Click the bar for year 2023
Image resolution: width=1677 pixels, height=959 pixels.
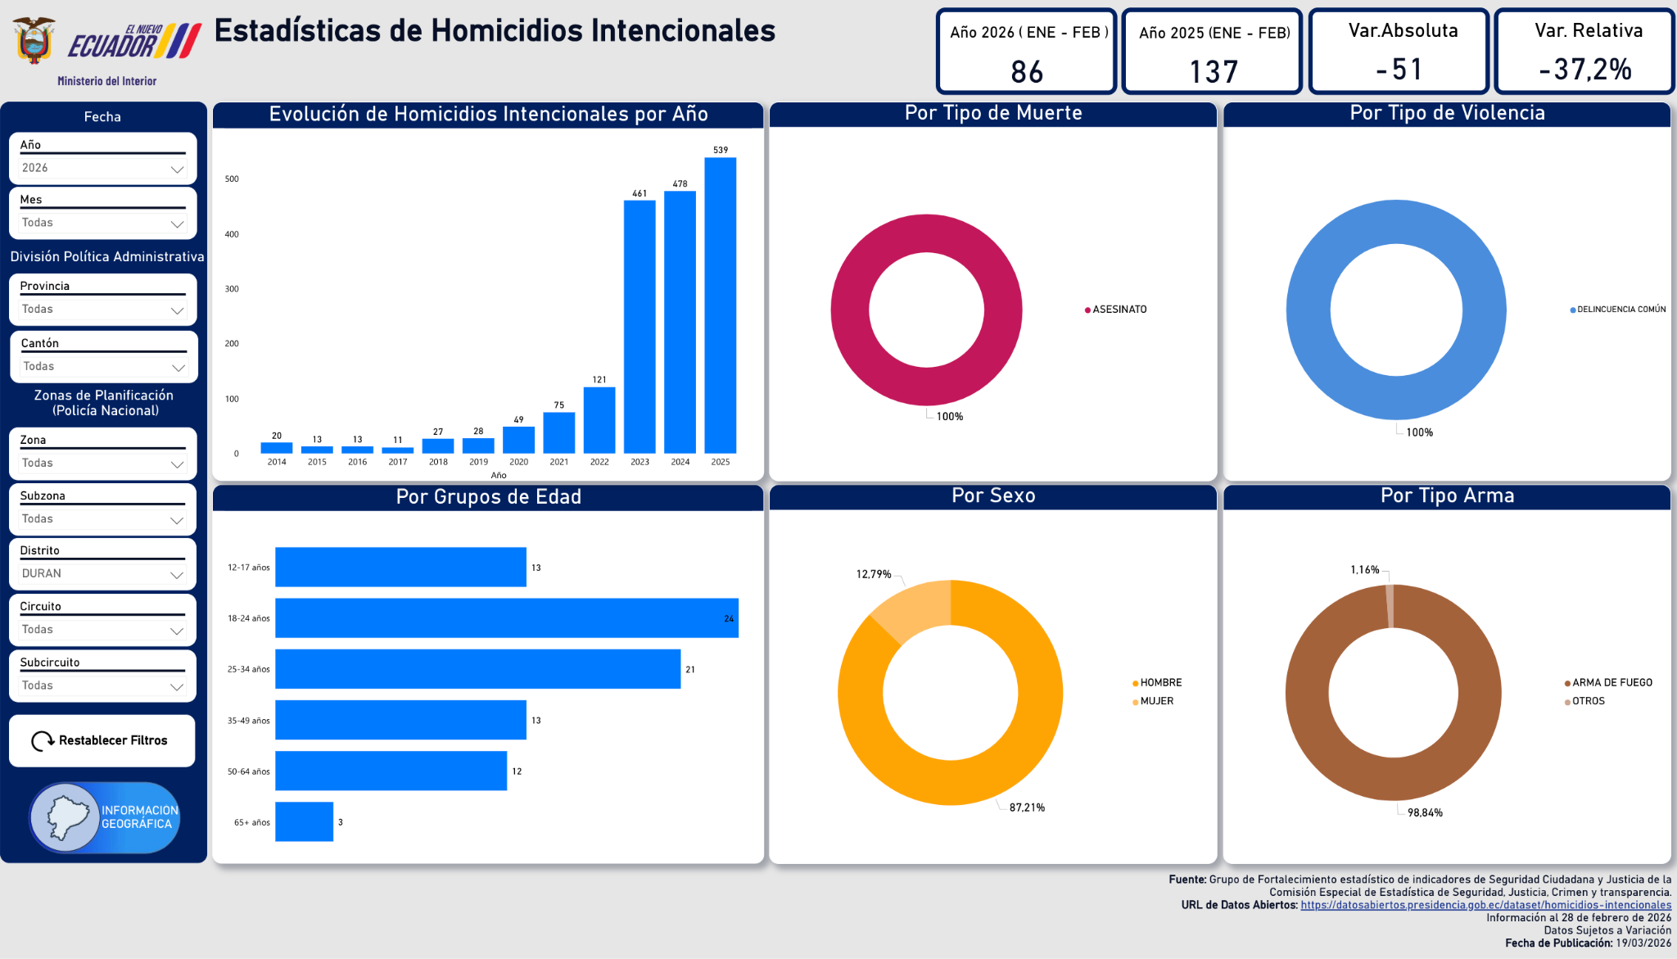tap(640, 328)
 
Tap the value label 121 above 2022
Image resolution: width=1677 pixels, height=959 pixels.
tap(599, 380)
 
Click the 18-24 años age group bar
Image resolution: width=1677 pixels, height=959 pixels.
tap(506, 618)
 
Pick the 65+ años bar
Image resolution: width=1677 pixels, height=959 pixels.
tap(304, 821)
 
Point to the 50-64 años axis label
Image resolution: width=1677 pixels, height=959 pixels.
tap(249, 771)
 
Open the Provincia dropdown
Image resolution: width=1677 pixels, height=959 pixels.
tap(102, 310)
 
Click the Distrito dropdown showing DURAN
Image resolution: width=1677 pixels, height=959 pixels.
tap(102, 574)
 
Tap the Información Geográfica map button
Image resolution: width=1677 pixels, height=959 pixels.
tap(105, 817)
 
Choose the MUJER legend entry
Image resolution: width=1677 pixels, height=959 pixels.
tap(1156, 701)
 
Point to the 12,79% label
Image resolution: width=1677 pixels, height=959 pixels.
tap(874, 574)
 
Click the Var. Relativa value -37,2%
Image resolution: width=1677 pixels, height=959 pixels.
tap(1585, 70)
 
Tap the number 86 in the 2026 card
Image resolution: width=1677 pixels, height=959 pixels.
tap(1027, 72)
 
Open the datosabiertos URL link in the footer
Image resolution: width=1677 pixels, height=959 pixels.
tap(1485, 905)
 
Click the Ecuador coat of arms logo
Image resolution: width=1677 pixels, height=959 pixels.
tap(34, 41)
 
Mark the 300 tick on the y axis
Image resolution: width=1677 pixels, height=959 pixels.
tap(233, 289)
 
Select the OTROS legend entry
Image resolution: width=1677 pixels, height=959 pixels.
tap(1588, 701)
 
